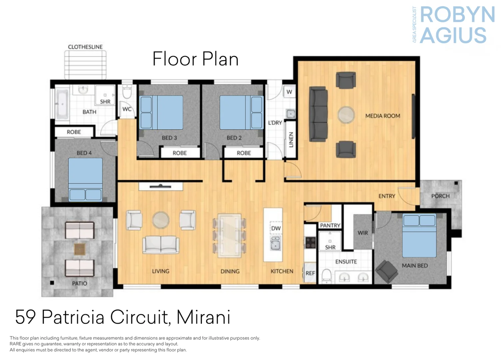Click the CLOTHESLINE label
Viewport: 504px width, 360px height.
coord(85,47)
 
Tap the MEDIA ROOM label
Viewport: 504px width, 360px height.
coord(383,116)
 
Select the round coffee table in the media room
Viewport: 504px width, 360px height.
coord(346,115)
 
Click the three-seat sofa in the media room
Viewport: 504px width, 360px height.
coord(318,114)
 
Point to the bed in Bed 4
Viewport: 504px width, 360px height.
coord(85,179)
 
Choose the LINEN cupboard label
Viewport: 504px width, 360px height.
coord(291,140)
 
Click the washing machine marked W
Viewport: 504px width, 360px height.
coord(289,92)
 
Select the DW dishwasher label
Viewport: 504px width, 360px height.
coord(276,228)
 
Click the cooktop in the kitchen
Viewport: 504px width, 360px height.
coord(310,242)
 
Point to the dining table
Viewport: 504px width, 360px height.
coord(230,235)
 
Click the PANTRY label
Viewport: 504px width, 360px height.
coord(330,225)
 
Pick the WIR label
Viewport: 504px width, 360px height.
coord(363,233)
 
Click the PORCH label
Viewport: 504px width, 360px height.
coord(440,196)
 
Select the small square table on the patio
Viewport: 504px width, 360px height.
coord(80,249)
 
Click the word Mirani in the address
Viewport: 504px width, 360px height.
coord(204,317)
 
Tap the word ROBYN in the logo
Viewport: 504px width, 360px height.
coord(457,15)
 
